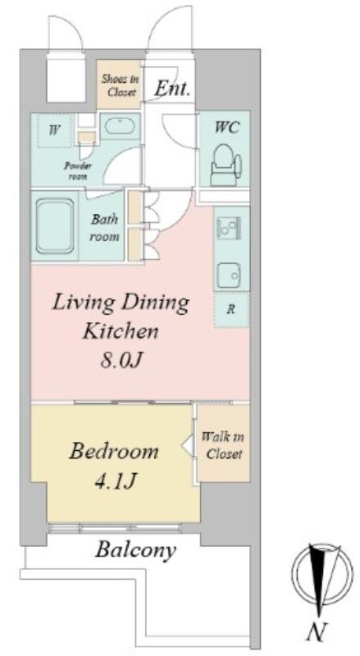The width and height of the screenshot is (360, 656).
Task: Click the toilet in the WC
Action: pos(226,165)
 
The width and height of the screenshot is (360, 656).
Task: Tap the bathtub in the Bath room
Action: pos(55,226)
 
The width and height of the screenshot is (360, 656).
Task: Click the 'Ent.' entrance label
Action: pos(173,89)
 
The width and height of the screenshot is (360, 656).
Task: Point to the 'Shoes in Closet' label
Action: pos(121,85)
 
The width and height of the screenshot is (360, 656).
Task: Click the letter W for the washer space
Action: pos(53,130)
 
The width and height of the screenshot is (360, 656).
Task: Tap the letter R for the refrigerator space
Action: pos(230,310)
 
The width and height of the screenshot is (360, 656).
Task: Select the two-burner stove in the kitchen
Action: pos(229,229)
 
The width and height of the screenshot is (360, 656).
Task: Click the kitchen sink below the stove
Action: pos(229,274)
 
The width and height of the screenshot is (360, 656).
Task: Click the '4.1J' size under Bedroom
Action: pos(114,481)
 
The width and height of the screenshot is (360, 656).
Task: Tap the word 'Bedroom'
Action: pos(114,452)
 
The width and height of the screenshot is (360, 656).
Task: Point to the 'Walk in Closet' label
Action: pos(223,445)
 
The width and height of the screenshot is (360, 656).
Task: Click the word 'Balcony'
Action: pos(135,549)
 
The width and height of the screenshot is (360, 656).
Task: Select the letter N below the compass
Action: pos(317,632)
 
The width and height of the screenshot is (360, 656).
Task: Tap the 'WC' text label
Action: pos(226,127)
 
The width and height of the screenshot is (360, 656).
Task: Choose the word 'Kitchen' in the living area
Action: pos(121,331)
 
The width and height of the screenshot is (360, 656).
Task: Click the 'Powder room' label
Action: pos(77,171)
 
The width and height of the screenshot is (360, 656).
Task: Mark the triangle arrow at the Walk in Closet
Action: pos(188,445)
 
